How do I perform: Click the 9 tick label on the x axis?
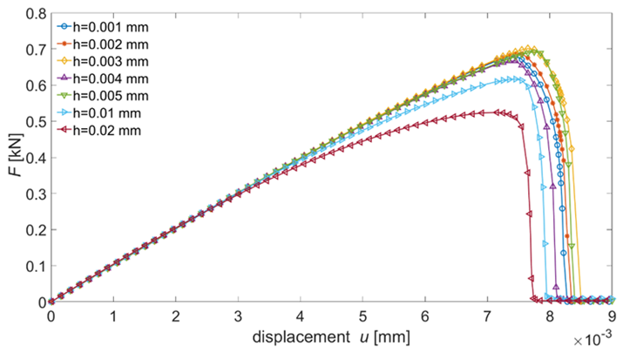click(612, 316)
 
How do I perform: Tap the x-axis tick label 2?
click(176, 316)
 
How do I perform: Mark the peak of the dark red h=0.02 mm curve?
click(498, 112)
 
